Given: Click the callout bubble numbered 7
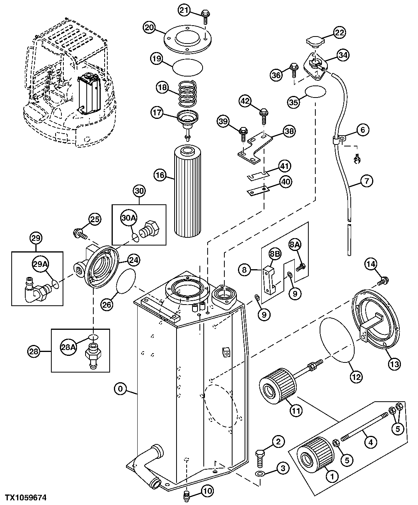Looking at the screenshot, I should [x=367, y=180].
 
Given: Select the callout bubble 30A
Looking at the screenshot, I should [x=129, y=218].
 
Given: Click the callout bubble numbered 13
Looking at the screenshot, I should [x=394, y=364].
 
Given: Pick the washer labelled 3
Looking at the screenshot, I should [x=260, y=474].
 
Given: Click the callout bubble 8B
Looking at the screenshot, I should [x=275, y=254].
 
